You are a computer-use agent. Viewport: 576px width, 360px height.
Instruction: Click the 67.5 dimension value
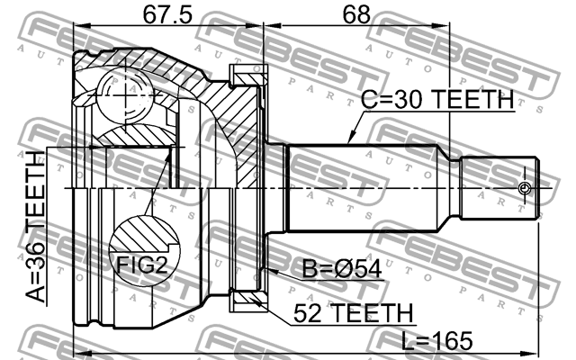167,15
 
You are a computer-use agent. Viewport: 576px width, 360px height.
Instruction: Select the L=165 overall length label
437,340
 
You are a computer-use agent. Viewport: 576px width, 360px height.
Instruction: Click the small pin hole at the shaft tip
526,187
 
